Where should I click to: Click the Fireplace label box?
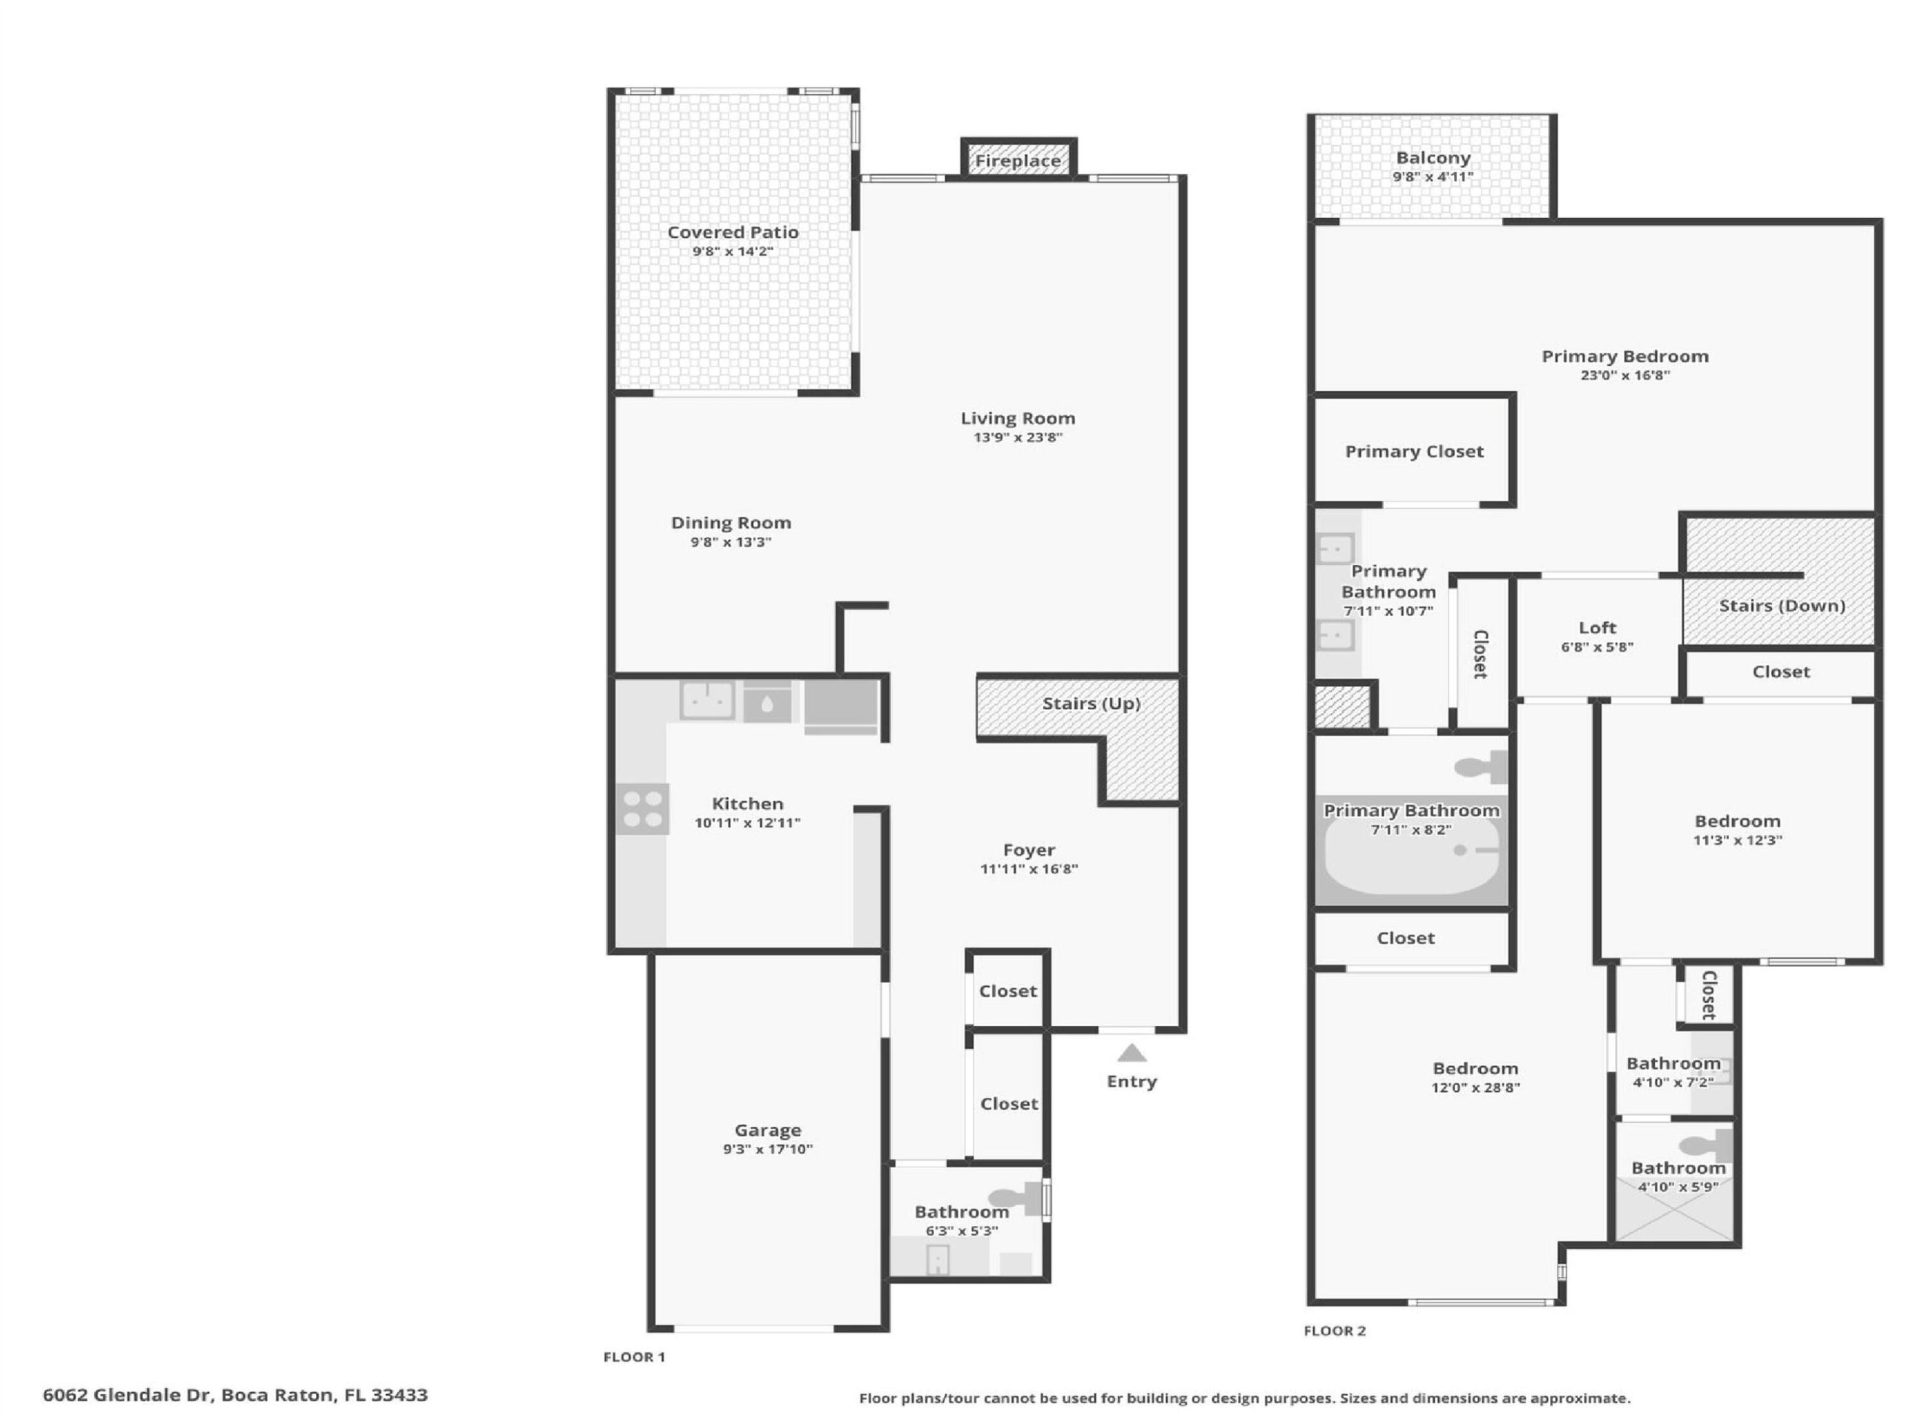coord(1018,161)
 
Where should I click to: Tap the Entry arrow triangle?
coord(1131,1053)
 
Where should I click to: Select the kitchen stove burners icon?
coord(643,808)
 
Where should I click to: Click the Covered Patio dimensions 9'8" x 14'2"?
coord(733,252)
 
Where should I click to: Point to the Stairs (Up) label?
coord(1091,704)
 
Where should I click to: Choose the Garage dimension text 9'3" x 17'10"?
coord(767,1149)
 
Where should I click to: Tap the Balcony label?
coord(1433,158)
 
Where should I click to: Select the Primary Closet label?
coord(1414,452)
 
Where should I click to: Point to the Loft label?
coord(1597,628)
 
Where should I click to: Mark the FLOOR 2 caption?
coord(1334,1330)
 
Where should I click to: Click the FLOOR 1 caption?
coord(634,1357)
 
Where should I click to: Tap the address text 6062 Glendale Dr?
coord(127,1395)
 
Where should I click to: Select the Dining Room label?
coord(731,523)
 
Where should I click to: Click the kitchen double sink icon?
coord(707,700)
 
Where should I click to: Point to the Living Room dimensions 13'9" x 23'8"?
coord(1018,438)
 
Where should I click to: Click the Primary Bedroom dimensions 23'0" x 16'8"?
coord(1625,375)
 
